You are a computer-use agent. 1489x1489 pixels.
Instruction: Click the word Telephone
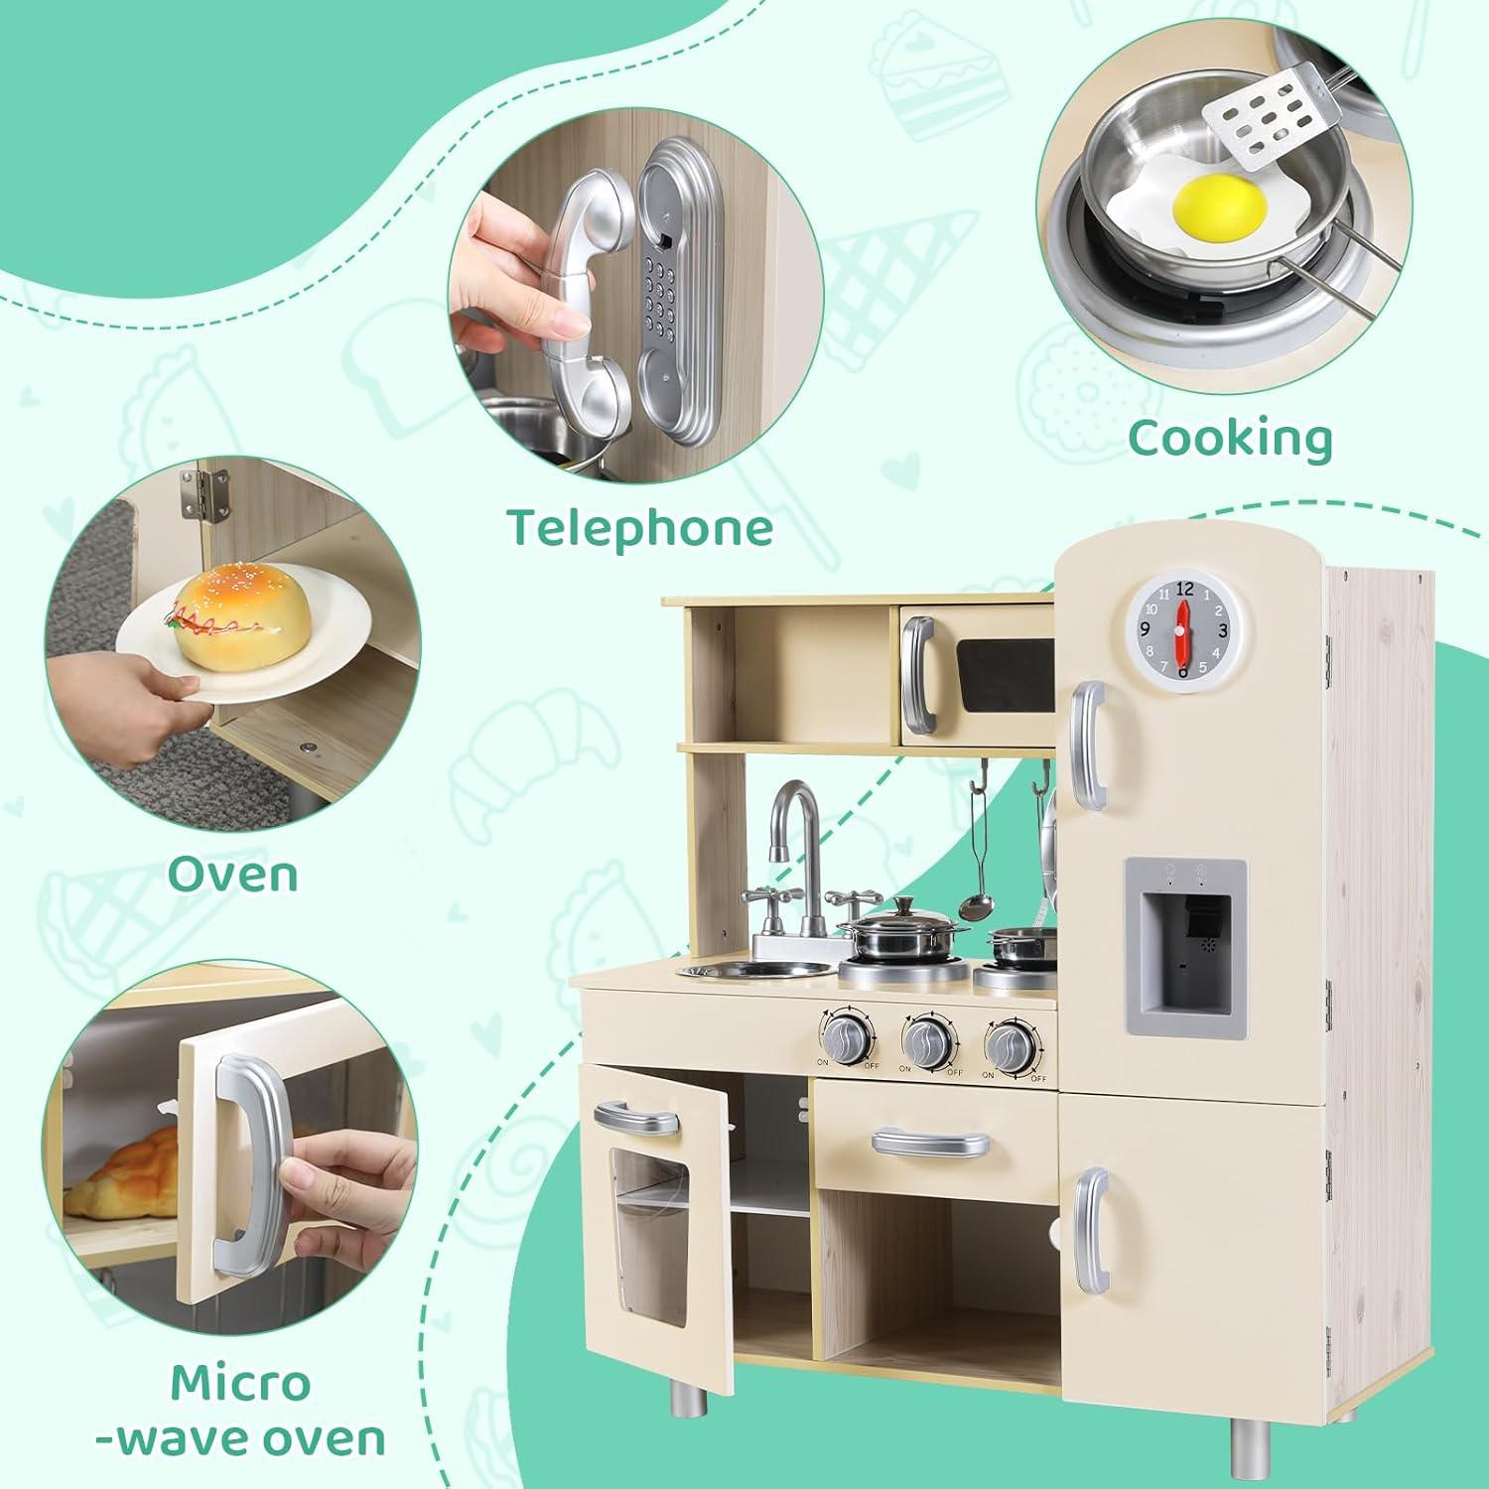click(x=640, y=527)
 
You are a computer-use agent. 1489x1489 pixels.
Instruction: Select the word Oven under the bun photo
click(x=232, y=874)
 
